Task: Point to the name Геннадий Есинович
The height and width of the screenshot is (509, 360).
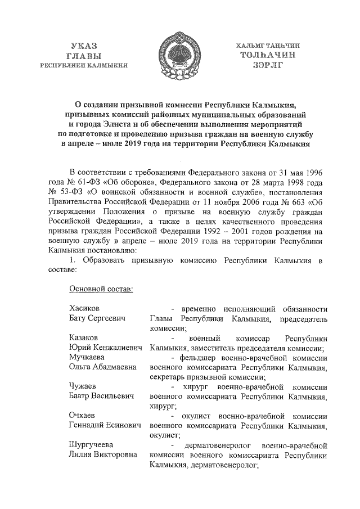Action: tap(104, 425)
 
